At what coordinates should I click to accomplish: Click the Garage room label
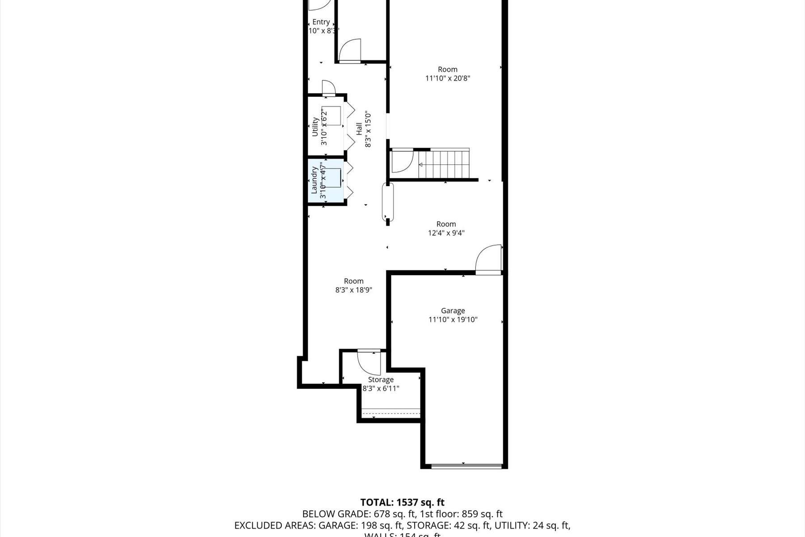(453, 311)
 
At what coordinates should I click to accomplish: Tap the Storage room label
(381, 379)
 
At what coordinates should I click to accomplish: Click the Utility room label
(315, 127)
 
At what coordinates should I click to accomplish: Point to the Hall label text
(359, 129)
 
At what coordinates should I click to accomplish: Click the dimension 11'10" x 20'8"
(447, 78)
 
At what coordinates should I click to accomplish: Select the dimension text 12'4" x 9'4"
(446, 233)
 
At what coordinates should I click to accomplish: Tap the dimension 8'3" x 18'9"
(353, 290)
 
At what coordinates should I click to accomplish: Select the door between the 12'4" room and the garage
(488, 260)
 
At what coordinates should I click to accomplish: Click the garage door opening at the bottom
(466, 466)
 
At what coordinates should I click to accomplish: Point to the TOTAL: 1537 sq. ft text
(402, 503)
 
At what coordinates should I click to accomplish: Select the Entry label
(321, 22)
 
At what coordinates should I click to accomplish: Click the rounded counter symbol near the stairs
(388, 202)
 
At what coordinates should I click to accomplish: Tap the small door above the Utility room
(328, 88)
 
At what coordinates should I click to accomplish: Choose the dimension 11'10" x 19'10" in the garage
(453, 320)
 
